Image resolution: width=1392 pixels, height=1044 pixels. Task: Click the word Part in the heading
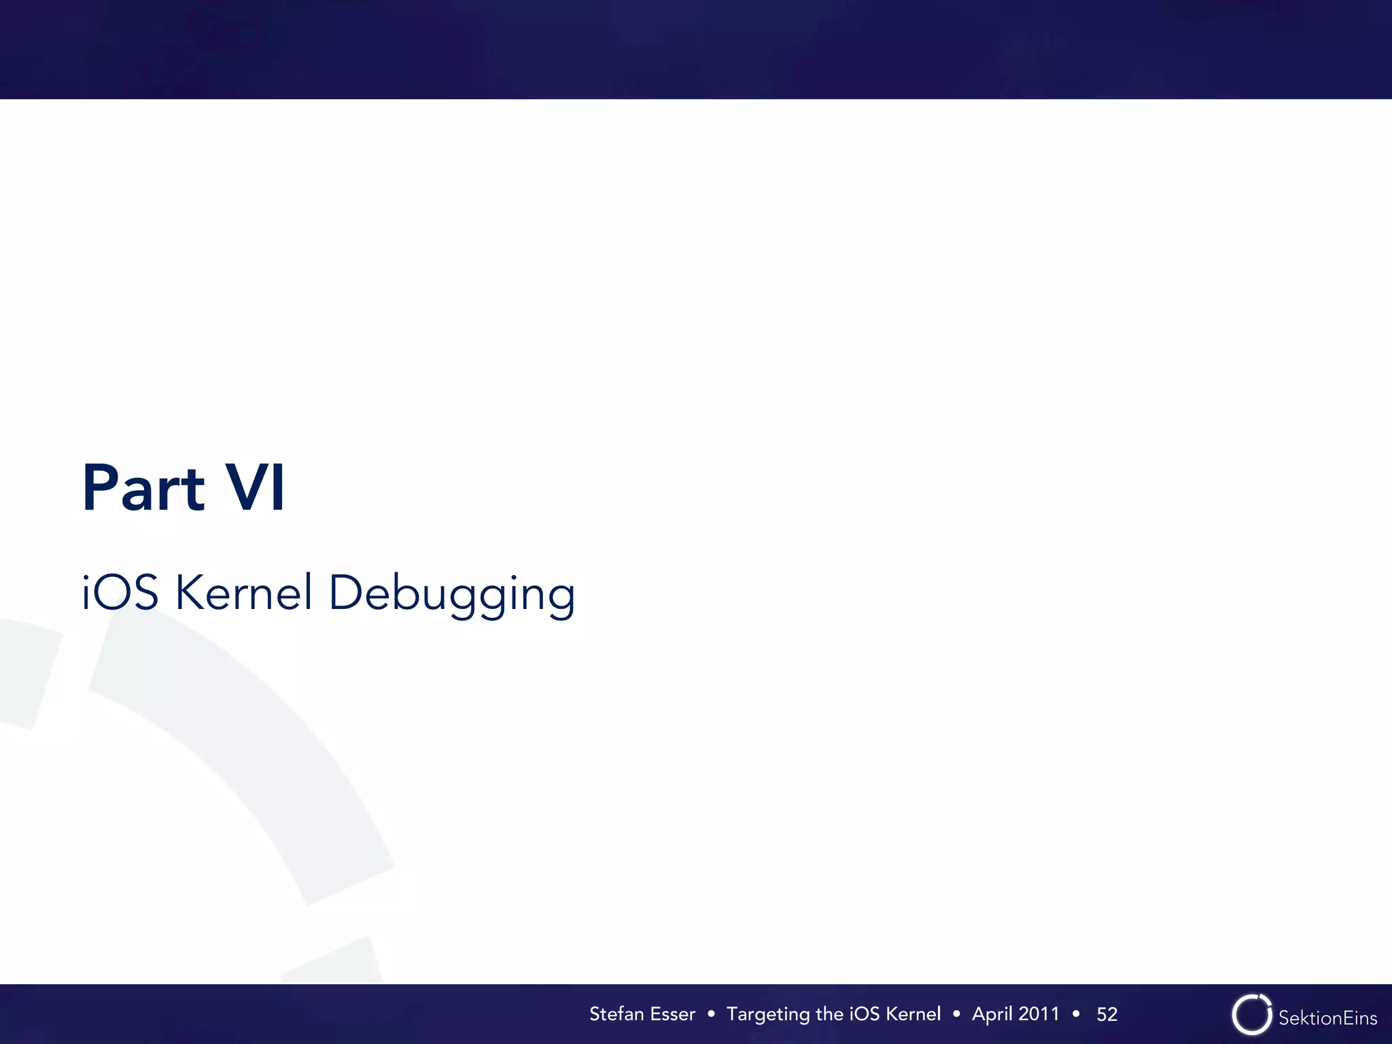143,487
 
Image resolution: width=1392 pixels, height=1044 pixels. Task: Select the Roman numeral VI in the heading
255,487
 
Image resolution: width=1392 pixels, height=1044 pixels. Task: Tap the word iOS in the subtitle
120,592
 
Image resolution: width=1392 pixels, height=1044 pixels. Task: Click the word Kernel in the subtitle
244,592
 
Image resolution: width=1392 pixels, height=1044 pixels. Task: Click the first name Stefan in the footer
616,1013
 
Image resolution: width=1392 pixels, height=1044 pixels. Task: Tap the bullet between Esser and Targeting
711,1014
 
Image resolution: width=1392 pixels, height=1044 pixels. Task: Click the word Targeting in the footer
768,1015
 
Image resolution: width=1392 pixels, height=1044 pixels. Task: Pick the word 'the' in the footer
829,1013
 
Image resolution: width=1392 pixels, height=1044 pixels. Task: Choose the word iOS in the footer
865,1013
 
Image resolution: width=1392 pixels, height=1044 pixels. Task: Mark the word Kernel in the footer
913,1013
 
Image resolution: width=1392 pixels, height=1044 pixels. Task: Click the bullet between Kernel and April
956,1014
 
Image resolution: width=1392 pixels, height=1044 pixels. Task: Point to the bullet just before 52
1076,1014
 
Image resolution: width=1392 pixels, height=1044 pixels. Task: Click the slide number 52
1107,1014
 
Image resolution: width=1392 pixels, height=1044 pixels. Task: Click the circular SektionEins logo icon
1251,1014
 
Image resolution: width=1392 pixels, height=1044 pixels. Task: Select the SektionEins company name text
1327,1017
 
